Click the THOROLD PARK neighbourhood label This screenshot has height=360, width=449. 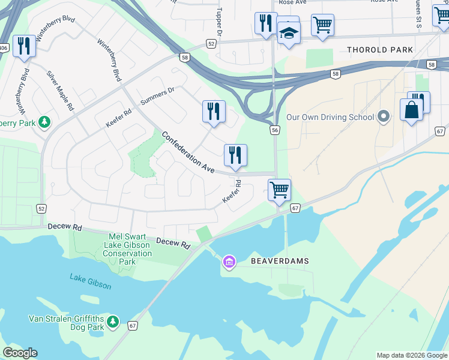pyautogui.click(x=381, y=50)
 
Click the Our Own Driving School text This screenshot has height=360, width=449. pyautogui.click(x=330, y=118)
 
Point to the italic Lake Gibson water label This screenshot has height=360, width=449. pyautogui.click(x=90, y=281)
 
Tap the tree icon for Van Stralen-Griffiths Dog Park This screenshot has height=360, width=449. pyautogui.click(x=113, y=323)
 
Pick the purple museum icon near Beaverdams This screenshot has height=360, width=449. pyautogui.click(x=229, y=262)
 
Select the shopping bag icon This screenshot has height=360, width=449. pyautogui.click(x=411, y=110)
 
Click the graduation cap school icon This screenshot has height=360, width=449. pyautogui.click(x=289, y=34)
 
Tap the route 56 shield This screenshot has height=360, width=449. pyautogui.click(x=275, y=130)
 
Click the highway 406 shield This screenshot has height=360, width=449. pyautogui.click(x=4, y=48)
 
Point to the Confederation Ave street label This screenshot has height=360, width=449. pyautogui.click(x=187, y=153)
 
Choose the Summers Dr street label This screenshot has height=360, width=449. pyautogui.click(x=157, y=96)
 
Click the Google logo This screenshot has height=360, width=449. pyautogui.click(x=20, y=353)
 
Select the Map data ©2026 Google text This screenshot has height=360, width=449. pyautogui.click(x=412, y=355)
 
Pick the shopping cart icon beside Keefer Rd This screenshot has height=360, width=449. pyautogui.click(x=279, y=190)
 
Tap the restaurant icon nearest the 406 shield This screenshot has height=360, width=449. pyautogui.click(x=23, y=46)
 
